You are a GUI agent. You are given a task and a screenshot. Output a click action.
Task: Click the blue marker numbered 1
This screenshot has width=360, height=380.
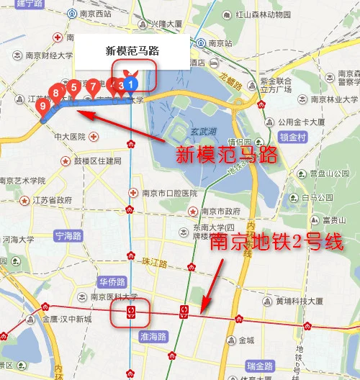click(130, 85)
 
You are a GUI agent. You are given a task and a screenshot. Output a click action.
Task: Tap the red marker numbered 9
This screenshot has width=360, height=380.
click(44, 107)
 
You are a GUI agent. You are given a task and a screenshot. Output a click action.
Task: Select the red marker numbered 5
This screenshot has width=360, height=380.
click(73, 87)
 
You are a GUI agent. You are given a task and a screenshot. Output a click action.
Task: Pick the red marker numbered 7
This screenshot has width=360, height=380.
click(92, 86)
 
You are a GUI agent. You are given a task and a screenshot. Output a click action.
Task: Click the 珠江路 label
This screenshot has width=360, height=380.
click(155, 261)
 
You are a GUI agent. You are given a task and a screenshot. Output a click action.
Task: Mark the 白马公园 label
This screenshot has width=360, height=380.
click(318, 197)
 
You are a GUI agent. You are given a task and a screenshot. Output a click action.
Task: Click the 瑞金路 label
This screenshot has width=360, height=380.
click(258, 366)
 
